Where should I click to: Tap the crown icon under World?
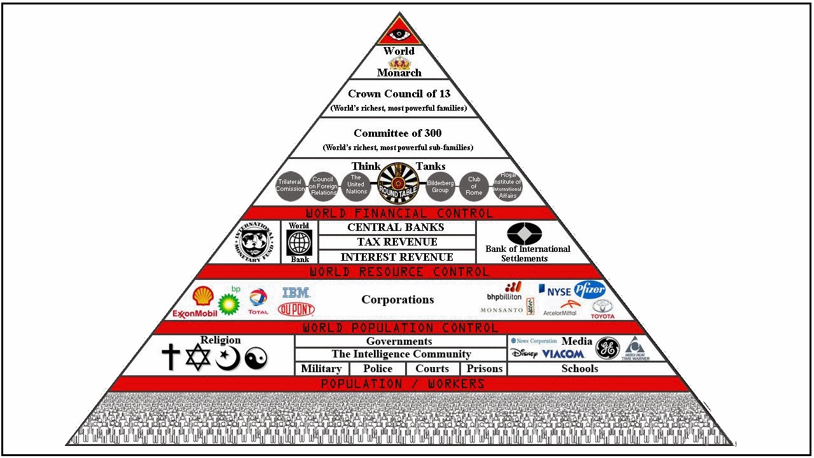click(x=399, y=62)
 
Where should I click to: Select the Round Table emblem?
click(x=397, y=183)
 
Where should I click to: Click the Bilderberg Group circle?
click(x=440, y=186)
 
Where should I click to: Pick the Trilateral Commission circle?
click(x=290, y=186)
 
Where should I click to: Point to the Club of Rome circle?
click(x=474, y=186)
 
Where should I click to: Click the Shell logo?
click(x=203, y=296)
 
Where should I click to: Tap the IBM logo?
click(x=296, y=293)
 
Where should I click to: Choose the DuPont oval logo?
click(x=296, y=309)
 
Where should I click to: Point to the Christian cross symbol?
click(x=170, y=357)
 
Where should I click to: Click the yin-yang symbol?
click(x=256, y=359)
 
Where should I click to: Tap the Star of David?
click(x=198, y=357)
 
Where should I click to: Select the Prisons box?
click(x=485, y=369)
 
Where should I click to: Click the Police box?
click(x=378, y=369)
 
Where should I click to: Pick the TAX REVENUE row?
click(x=397, y=242)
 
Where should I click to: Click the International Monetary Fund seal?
click(x=257, y=242)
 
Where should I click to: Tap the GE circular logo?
click(x=607, y=349)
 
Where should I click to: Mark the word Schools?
click(x=579, y=369)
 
